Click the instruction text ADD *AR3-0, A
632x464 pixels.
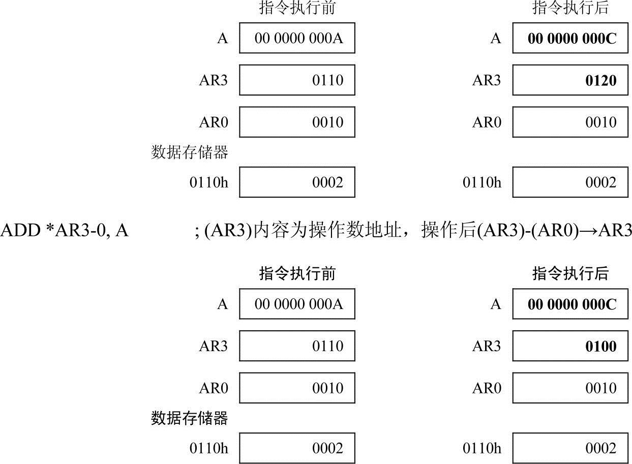[x=65, y=231]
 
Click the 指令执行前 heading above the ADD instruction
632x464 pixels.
[x=297, y=9]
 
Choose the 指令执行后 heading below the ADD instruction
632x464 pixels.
[x=570, y=274]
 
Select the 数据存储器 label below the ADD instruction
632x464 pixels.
[x=190, y=418]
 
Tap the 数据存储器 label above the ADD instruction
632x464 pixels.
[x=190, y=152]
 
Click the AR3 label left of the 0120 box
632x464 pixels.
[x=487, y=80]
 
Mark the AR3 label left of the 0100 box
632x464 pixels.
[x=487, y=347]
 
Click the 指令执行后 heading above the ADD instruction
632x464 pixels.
[x=570, y=9]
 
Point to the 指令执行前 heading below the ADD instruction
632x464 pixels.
[x=297, y=274]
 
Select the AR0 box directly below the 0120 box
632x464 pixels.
[x=570, y=122]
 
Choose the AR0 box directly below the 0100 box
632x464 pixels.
[x=570, y=388]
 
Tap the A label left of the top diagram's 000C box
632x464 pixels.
[x=496, y=39]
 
